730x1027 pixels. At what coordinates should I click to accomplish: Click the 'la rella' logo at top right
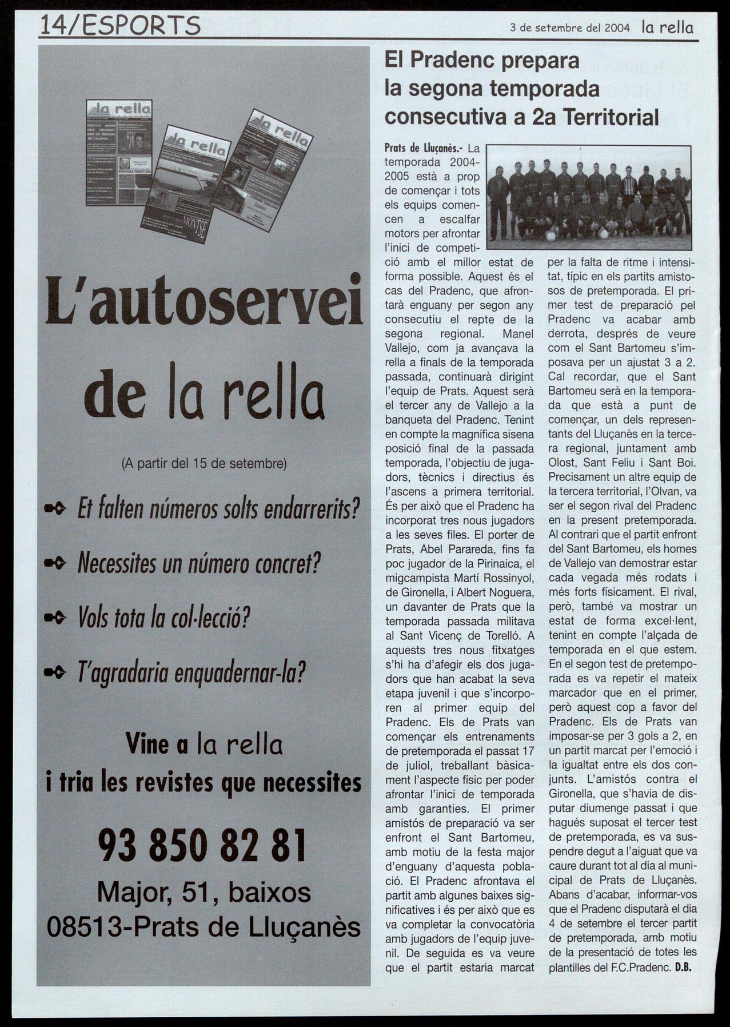(667, 27)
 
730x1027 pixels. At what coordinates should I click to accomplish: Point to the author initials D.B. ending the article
(683, 968)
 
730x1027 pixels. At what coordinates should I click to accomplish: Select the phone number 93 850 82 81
(203, 846)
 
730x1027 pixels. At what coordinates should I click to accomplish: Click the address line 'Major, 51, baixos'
(204, 893)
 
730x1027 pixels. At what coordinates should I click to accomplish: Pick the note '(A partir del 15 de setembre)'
(204, 463)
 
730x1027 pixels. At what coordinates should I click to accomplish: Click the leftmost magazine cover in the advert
(119, 153)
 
